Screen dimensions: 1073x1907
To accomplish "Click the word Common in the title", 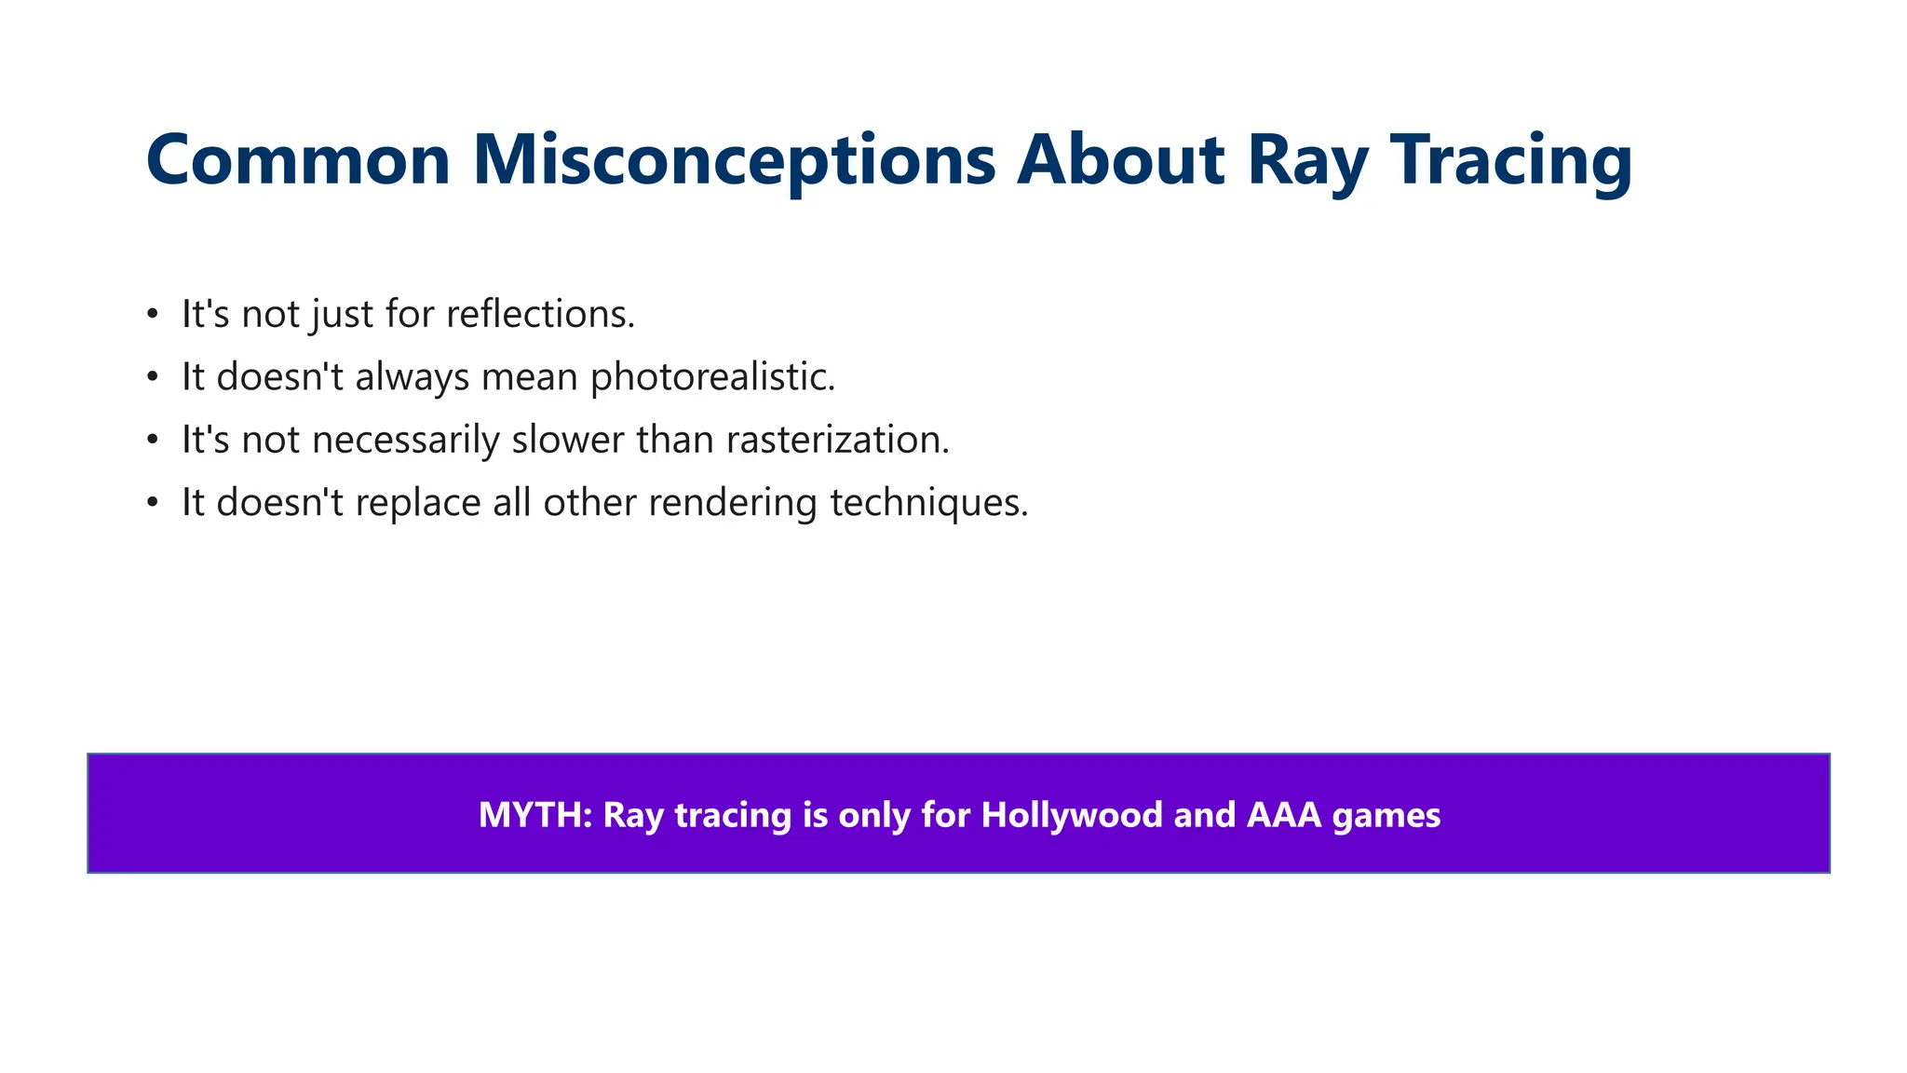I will (298, 160).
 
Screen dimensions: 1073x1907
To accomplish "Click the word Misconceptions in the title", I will (734, 160).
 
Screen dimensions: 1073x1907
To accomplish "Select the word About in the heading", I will (1120, 160).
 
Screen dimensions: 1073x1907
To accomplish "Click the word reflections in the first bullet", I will (540, 314).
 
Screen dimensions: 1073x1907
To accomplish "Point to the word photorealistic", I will (712, 377).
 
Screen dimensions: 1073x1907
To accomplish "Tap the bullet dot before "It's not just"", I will (154, 315).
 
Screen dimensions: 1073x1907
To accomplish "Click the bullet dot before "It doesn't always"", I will (154, 378).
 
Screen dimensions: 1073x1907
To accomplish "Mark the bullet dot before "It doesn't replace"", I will (154, 504).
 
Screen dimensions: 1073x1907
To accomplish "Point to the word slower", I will (567, 440).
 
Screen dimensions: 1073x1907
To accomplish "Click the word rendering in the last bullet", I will (732, 503).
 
